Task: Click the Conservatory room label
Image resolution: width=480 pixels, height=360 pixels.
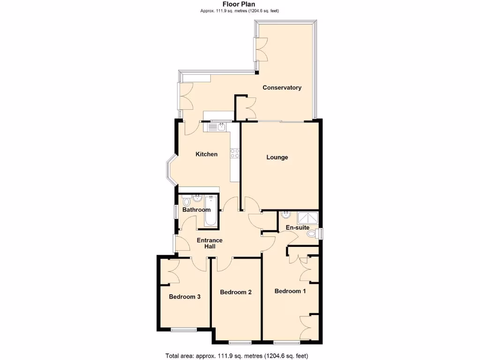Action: [x=282, y=88]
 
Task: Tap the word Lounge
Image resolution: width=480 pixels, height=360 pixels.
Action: [x=277, y=157]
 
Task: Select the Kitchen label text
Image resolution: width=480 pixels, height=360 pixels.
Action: [x=206, y=154]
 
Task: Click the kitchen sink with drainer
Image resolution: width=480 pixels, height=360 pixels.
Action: [x=215, y=127]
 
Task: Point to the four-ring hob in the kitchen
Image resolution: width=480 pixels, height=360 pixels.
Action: [x=234, y=153]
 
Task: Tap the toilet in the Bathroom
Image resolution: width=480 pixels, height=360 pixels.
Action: [x=187, y=202]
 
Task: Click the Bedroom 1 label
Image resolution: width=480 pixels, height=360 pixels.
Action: [x=290, y=291]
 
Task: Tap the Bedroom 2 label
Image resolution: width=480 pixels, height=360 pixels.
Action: [x=236, y=292]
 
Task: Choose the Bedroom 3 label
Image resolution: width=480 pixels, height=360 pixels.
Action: [x=185, y=297]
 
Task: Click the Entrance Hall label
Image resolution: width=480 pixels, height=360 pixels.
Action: [x=209, y=243]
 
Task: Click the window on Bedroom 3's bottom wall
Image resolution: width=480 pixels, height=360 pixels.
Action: [x=184, y=330]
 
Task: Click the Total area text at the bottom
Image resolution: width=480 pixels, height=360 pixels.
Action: [x=237, y=355]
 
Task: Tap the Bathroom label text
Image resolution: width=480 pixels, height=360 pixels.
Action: [x=196, y=210]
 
